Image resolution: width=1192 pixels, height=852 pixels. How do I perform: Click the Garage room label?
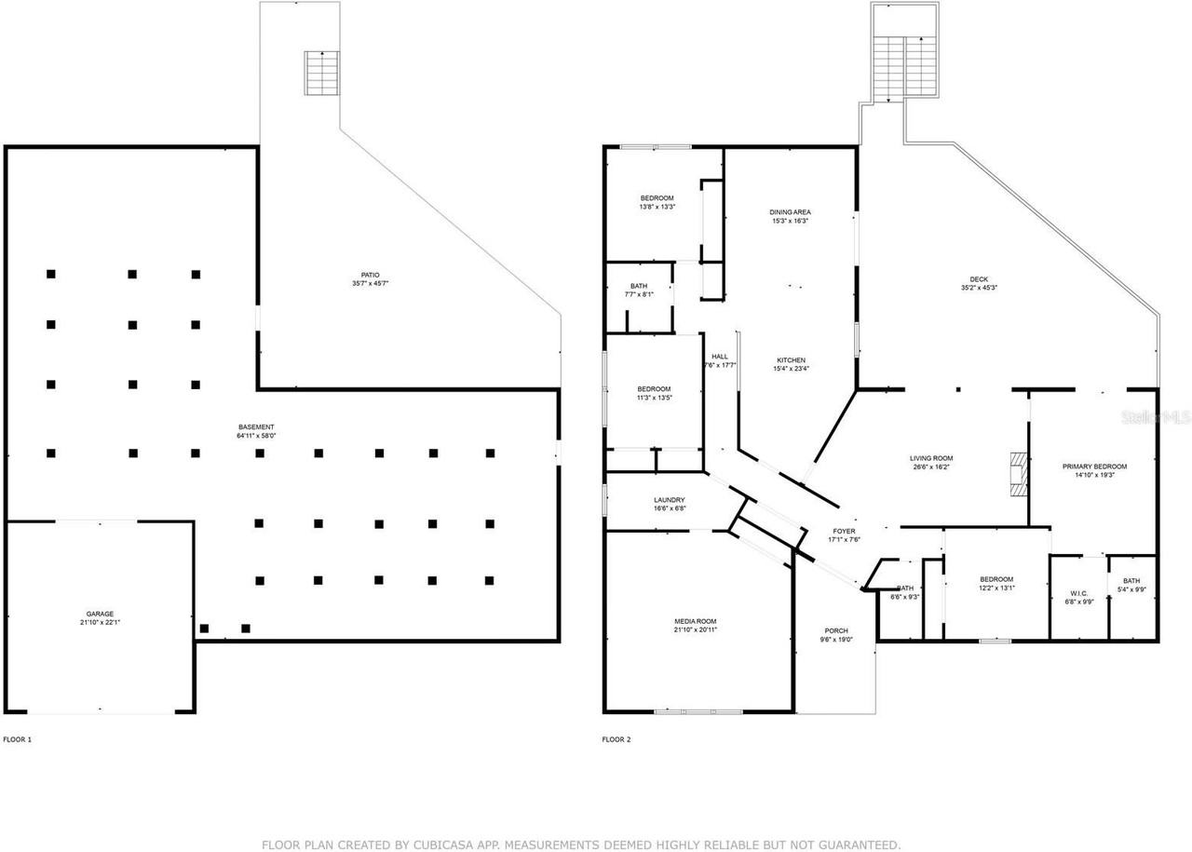pos(100,618)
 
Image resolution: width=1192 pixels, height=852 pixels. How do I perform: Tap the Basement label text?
pos(256,430)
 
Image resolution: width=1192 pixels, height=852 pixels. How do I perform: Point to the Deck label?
pos(978,283)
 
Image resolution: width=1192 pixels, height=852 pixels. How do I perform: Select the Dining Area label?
pos(790,216)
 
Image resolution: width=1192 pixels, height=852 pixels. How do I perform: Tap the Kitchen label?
pos(792,364)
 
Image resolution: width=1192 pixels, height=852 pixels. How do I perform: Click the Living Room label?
pos(931,462)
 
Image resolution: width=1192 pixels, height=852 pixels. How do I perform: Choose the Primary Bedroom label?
pos(1095,470)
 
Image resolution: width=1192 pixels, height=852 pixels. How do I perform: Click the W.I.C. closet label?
pos(1079,597)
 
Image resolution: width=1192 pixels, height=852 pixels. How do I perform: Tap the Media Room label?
pos(696,625)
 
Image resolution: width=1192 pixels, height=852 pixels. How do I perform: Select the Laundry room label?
pos(669,504)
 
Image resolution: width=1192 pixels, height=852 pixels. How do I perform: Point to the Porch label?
pos(835,635)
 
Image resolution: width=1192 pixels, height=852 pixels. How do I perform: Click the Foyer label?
pos(844,535)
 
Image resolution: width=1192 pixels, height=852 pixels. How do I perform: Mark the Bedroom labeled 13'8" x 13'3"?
pos(657,202)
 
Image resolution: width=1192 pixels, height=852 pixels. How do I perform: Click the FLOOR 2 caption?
pos(616,739)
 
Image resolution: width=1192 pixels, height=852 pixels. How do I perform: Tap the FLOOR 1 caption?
pos(17,739)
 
